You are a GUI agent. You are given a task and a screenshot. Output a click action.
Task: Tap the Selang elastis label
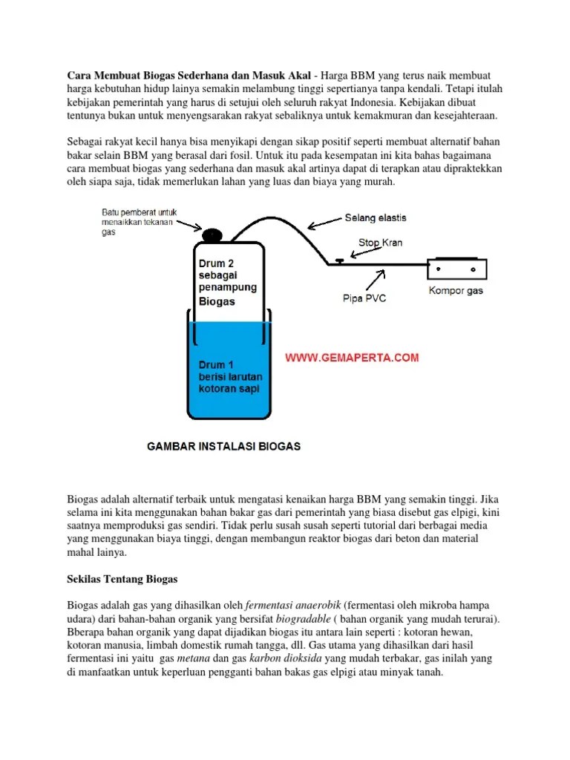[375, 218]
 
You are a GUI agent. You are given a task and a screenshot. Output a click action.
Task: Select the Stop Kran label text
[380, 242]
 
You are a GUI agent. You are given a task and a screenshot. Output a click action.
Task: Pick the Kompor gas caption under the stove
[456, 290]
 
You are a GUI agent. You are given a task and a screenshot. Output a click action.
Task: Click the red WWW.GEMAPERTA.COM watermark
[353, 357]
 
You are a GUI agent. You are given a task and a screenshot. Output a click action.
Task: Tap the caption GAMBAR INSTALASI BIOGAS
[223, 447]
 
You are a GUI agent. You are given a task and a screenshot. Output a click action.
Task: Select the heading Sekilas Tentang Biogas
[123, 577]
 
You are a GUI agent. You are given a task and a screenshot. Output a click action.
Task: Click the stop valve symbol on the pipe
[338, 261]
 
